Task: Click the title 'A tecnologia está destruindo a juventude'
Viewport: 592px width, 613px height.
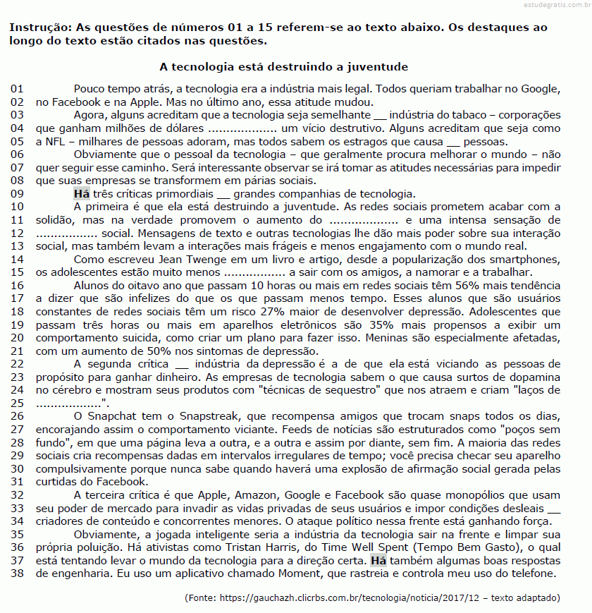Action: point(284,67)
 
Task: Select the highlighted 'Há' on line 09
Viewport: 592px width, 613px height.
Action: point(81,194)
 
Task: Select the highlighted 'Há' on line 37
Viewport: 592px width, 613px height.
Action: point(378,561)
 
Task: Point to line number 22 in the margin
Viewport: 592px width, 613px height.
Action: point(18,364)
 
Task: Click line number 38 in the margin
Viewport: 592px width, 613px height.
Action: point(18,573)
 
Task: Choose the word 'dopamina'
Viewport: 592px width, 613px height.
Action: point(536,377)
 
